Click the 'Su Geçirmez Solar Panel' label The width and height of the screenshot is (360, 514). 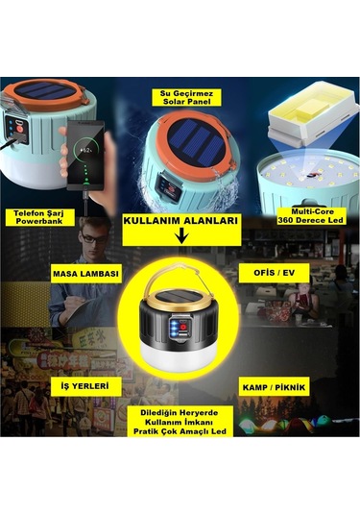point(186,97)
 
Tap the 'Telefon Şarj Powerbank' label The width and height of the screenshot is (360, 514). point(39,217)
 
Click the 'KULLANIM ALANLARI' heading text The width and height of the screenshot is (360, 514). point(180,221)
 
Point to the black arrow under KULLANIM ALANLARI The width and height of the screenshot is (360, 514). point(181,236)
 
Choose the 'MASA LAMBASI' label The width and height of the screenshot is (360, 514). point(85,274)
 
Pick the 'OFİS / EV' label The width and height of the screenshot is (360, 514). point(274,273)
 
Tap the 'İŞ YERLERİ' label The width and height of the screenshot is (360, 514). point(84,386)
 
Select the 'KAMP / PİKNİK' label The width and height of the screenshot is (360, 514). point(274,387)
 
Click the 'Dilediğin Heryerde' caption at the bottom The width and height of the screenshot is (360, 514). point(180,413)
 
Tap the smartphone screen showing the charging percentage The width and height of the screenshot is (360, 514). point(85,155)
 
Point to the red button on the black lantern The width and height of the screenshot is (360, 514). point(183,328)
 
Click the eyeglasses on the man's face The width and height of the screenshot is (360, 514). point(94,238)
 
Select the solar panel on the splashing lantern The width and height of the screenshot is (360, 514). point(195,142)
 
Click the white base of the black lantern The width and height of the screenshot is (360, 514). point(179,357)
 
